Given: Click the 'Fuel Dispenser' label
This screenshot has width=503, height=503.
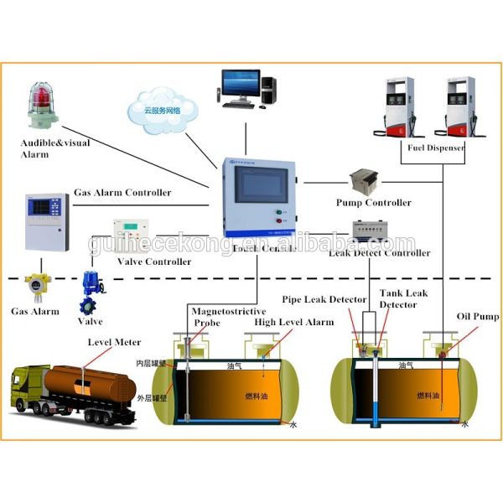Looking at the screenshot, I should (436, 148).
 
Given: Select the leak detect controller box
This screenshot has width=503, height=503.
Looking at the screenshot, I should (371, 231).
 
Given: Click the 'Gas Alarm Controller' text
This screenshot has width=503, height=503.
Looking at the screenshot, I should (122, 193).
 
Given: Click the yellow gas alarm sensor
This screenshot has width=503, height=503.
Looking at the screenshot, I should (35, 288).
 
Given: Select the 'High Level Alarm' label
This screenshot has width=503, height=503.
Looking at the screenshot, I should (293, 322).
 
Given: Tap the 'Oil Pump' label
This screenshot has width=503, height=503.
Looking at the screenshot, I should (477, 316).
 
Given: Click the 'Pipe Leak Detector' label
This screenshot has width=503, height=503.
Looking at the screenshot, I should (324, 299).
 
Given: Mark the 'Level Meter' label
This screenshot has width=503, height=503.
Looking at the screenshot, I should (114, 342).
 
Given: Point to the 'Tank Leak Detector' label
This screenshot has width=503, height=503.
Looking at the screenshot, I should (403, 299).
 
